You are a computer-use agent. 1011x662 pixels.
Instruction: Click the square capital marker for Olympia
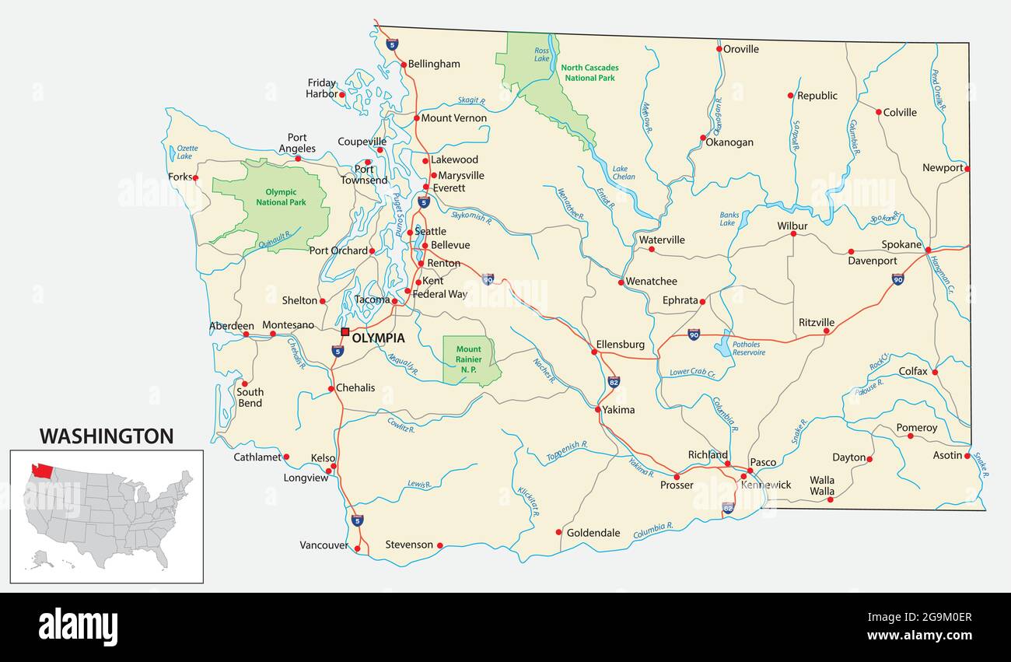pos(345,331)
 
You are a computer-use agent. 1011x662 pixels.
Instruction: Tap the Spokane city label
pos(901,244)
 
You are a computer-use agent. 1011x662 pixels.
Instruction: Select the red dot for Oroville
pos(719,49)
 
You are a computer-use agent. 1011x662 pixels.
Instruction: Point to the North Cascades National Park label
pos(589,72)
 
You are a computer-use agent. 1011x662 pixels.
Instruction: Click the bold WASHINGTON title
pos(107,436)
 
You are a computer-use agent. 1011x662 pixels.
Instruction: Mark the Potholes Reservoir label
pos(748,349)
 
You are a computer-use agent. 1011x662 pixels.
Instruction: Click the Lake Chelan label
pos(623,173)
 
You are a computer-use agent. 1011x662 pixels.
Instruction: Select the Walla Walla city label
pos(821,485)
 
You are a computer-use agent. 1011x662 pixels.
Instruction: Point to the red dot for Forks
pos(195,177)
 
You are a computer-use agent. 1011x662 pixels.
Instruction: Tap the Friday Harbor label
pos(321,88)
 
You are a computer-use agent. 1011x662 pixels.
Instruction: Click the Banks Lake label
pos(729,219)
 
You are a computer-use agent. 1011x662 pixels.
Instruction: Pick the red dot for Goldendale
pos(558,532)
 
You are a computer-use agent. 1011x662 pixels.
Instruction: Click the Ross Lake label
pos(541,54)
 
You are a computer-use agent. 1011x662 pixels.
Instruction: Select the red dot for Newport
pos(967,168)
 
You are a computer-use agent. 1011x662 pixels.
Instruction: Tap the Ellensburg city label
pos(620,344)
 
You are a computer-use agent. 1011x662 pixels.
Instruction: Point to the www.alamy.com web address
pos(919,636)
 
